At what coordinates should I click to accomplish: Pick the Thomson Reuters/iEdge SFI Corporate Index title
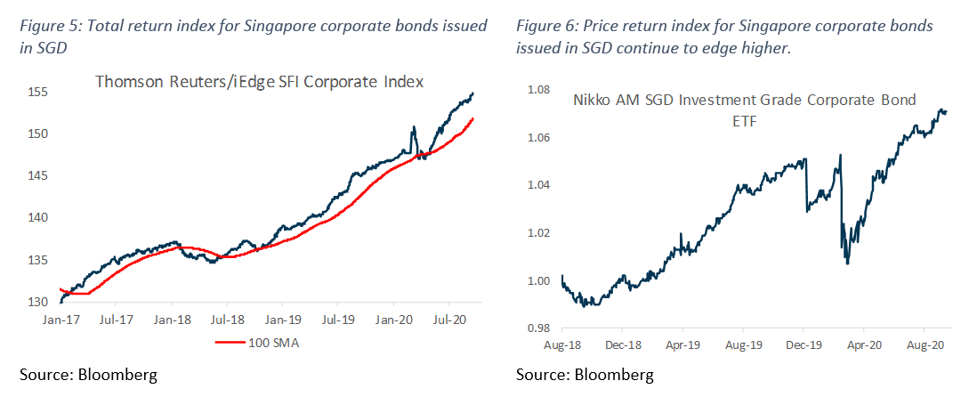(x=259, y=82)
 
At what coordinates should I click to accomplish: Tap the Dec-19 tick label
(x=803, y=343)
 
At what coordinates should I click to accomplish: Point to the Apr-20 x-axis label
(x=863, y=343)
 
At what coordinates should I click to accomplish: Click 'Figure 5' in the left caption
(x=45, y=26)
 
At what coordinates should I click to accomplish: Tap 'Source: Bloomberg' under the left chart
(x=88, y=375)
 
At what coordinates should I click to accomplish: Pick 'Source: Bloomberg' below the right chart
(x=585, y=375)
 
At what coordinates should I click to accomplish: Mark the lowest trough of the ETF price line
(x=847, y=263)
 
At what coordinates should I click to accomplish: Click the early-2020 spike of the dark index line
(x=414, y=128)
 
